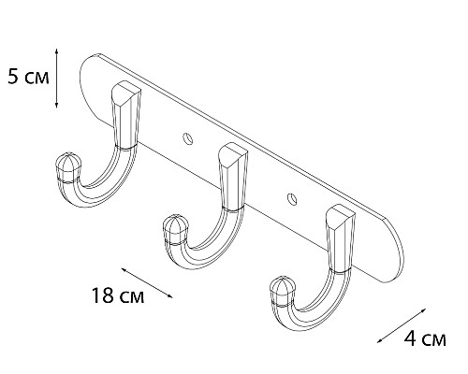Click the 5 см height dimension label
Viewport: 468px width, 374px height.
coord(24,78)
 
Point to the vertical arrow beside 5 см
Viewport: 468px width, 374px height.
coord(58,77)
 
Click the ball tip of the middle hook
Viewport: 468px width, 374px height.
coord(173,228)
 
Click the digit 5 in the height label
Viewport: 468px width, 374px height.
coord(12,78)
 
